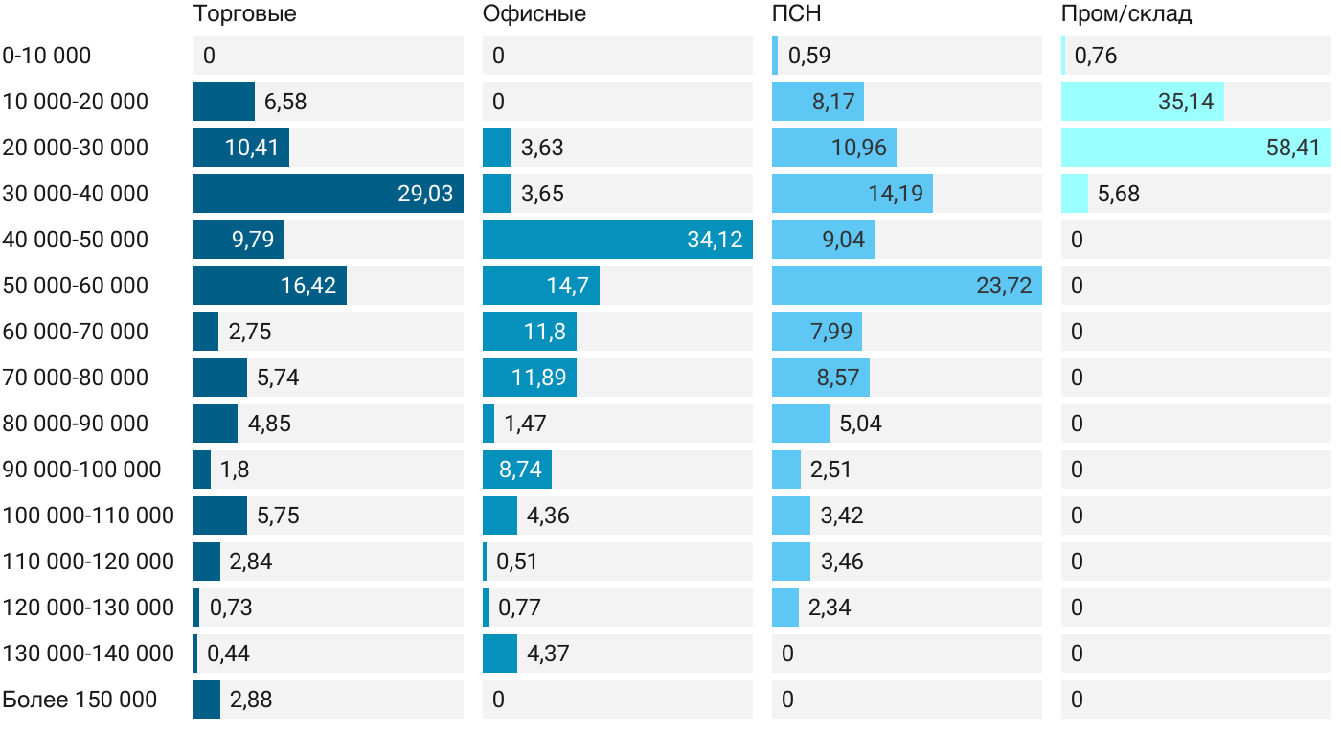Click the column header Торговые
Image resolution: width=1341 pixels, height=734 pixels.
[x=244, y=14]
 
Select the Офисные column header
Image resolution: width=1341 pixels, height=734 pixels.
[x=534, y=14]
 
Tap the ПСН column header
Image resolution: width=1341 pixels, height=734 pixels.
[x=796, y=14]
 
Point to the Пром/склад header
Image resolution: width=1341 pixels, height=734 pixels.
[x=1125, y=14]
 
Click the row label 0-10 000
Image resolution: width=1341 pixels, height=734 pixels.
[x=47, y=56]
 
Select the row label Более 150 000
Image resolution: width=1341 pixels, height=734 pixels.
[x=80, y=700]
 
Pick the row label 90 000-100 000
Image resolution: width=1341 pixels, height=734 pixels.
[x=81, y=470]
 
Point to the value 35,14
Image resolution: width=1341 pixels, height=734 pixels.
[x=1186, y=102]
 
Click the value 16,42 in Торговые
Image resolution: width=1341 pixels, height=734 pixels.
[x=308, y=286]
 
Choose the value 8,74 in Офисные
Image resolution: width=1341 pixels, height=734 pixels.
[x=520, y=470]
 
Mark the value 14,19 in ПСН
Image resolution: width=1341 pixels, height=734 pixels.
[x=896, y=194]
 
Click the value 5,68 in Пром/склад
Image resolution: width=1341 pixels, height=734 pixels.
[x=1119, y=194]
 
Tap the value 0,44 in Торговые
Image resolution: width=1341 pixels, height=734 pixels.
[x=228, y=654]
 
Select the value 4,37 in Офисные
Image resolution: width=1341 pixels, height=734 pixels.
[x=548, y=654]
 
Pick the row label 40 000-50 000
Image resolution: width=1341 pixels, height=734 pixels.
[x=76, y=240]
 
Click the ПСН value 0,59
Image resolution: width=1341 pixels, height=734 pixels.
[x=809, y=56]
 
